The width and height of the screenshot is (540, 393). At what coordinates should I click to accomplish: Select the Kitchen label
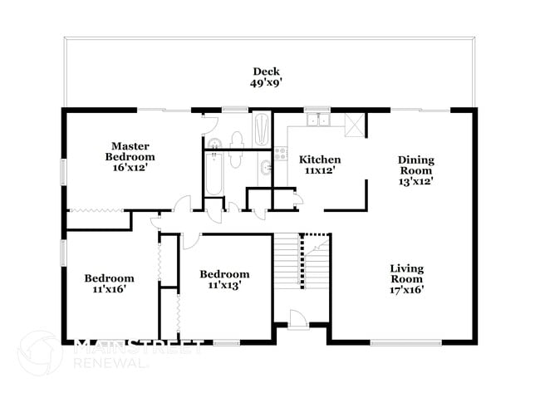pos(320,160)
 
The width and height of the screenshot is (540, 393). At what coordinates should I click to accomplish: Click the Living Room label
pos(407,273)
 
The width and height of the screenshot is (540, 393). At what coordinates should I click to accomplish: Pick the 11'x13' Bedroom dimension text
pos(224,286)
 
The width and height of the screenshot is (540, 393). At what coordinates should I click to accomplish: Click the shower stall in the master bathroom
pos(261,130)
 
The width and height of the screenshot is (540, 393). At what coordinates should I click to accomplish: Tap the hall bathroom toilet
pos(235,159)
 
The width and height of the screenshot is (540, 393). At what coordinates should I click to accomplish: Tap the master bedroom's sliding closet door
pos(95,214)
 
